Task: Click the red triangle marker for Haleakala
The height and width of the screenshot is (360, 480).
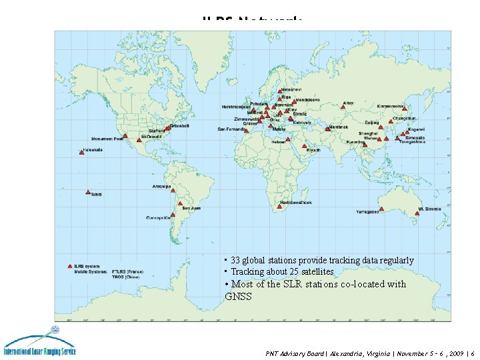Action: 81,152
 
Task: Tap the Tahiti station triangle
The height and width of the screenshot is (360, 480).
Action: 87,193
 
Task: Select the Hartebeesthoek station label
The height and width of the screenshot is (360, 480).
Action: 296,202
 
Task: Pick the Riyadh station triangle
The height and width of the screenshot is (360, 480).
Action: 304,146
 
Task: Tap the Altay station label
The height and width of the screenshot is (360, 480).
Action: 347,103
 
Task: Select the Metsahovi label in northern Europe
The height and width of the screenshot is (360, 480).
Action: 291,89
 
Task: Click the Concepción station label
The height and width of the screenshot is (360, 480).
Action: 159,217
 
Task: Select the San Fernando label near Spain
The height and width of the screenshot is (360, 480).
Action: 231,129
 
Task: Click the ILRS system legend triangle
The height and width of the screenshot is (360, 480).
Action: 71,267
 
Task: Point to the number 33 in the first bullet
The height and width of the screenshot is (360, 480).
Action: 235,260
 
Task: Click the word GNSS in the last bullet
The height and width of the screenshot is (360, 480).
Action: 239,296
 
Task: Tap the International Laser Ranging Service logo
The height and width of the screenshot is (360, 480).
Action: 40,343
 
